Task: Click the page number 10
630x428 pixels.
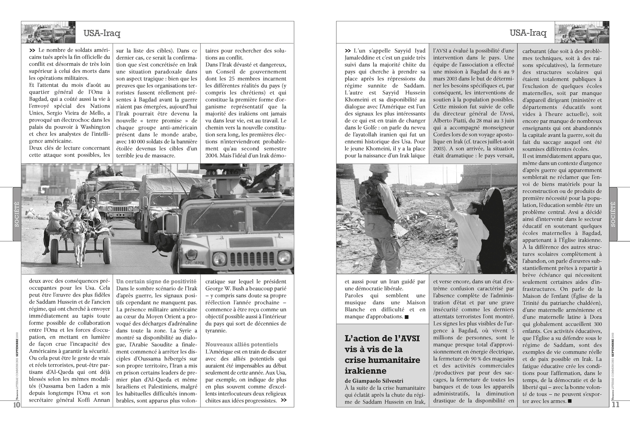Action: pos(16,405)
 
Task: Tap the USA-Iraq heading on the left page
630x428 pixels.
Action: pos(102,33)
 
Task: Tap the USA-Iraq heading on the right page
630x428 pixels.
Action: pos(528,33)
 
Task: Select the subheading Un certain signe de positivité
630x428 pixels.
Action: pos(156,281)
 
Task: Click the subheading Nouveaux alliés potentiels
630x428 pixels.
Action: pos(241,344)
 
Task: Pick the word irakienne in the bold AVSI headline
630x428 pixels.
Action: pos(365,371)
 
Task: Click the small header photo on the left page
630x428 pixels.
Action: pos(48,32)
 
